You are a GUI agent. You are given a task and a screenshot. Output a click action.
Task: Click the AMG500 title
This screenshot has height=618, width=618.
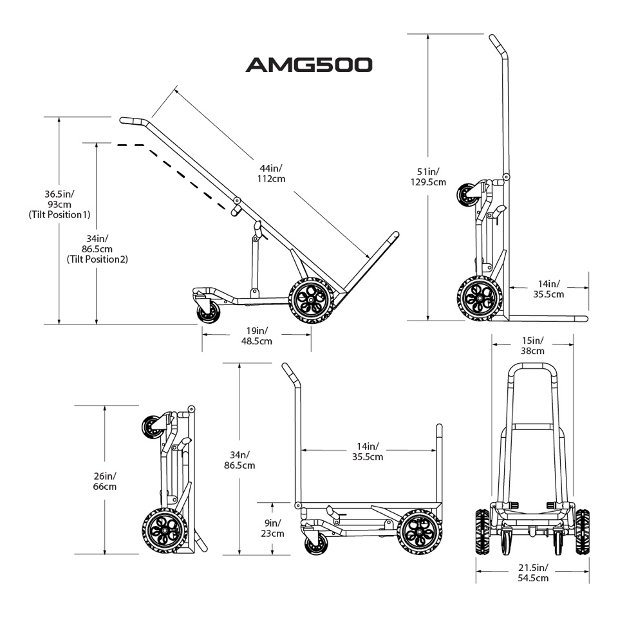click(308, 65)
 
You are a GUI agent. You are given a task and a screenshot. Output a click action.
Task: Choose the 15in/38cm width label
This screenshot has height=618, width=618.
click(532, 346)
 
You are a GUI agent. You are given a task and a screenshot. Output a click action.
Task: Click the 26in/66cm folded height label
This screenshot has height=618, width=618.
click(104, 481)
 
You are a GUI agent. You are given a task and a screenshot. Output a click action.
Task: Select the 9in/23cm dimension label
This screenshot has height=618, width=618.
click(272, 528)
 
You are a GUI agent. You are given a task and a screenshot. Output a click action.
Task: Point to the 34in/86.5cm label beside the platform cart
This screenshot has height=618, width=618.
click(239, 459)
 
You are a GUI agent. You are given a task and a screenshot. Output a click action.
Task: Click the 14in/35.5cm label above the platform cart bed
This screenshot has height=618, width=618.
click(368, 451)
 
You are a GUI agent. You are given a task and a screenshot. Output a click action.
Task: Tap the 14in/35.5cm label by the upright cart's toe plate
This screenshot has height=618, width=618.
click(548, 288)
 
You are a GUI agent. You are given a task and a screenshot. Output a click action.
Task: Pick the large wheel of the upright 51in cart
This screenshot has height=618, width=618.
click(478, 298)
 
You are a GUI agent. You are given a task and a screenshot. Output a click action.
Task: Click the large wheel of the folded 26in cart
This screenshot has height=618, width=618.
click(163, 530)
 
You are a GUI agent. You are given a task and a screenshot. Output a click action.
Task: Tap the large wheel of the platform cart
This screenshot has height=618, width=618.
click(418, 532)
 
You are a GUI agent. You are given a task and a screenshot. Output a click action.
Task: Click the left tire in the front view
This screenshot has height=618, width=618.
click(482, 532)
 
